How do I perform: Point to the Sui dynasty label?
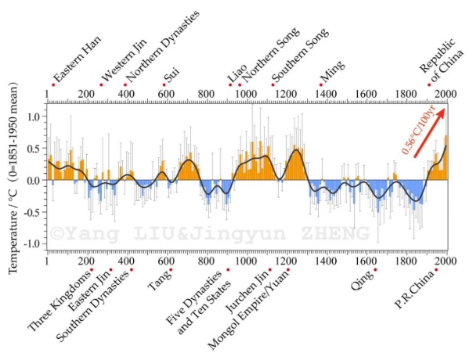[x=171, y=76]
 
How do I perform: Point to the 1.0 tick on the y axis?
[x=35, y=117]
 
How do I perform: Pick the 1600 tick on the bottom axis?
[x=366, y=261]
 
